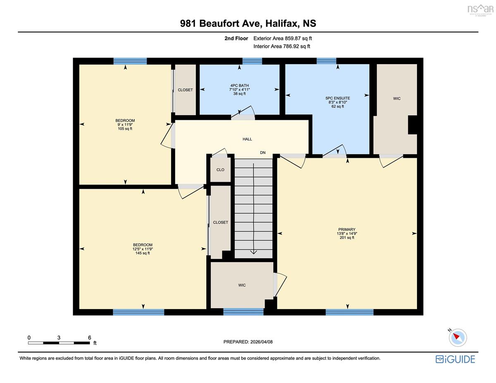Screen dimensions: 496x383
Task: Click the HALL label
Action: coord(247,139)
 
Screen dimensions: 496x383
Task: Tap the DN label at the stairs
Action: coord(263,152)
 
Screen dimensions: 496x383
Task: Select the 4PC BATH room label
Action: coord(239,86)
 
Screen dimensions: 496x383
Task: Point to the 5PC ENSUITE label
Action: coord(338,98)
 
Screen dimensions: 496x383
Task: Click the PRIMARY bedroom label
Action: coord(347,229)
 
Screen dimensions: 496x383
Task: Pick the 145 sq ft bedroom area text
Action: coord(143,253)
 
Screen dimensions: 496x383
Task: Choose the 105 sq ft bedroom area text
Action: coord(125,128)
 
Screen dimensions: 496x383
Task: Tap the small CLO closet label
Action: coord(220,170)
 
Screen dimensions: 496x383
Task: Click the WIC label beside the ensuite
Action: coord(397,99)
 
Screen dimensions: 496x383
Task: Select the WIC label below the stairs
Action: coord(242,285)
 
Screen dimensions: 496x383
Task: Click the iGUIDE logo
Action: coord(455,359)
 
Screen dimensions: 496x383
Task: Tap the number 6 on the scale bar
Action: coord(89,338)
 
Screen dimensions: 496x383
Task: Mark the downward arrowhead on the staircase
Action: coord(254,252)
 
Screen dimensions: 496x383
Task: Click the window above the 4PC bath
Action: coord(252,61)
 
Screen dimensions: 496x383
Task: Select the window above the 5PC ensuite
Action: coord(327,61)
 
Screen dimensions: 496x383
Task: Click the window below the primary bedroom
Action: coord(349,312)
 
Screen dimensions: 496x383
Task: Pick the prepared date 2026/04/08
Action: coord(261,342)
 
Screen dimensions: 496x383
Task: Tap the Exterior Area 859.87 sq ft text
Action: coord(283,38)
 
